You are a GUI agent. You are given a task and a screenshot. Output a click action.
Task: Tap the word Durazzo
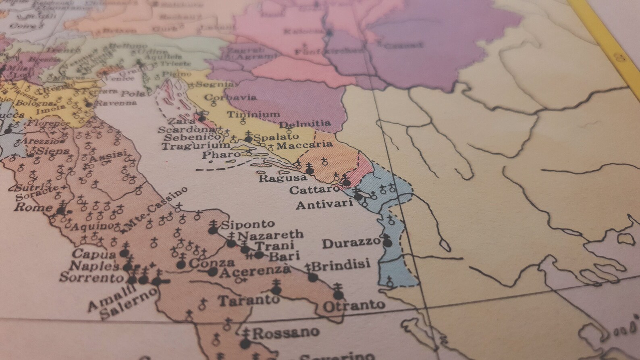[351, 243]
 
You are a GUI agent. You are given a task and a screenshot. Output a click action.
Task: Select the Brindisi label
[341, 265]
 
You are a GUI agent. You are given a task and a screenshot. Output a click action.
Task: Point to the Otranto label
[353, 305]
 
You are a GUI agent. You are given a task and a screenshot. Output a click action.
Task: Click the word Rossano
[285, 333]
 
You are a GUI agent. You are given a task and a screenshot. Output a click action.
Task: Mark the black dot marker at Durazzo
[387, 243]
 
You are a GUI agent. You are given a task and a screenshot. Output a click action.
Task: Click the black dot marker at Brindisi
[313, 277]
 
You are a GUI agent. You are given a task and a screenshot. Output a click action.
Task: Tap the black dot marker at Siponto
[213, 230]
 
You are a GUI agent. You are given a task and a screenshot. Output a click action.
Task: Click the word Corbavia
[231, 98]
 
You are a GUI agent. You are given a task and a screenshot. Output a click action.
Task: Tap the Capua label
[94, 254]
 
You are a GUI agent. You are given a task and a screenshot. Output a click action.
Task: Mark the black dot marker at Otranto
[339, 295]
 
